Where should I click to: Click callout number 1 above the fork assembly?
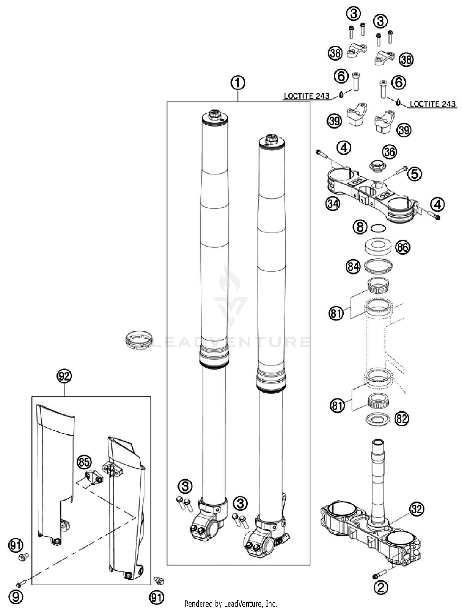[x=238, y=83]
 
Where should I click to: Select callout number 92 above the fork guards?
[x=64, y=376]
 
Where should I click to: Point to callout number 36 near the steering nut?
[x=390, y=152]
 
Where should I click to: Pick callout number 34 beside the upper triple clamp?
[x=333, y=204]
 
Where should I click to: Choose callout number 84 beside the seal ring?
[x=353, y=267]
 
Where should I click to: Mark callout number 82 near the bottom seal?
[x=402, y=419]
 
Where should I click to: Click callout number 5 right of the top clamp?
[x=415, y=174]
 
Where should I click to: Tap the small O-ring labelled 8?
[x=378, y=228]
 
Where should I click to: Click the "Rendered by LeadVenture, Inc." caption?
[x=231, y=604]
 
